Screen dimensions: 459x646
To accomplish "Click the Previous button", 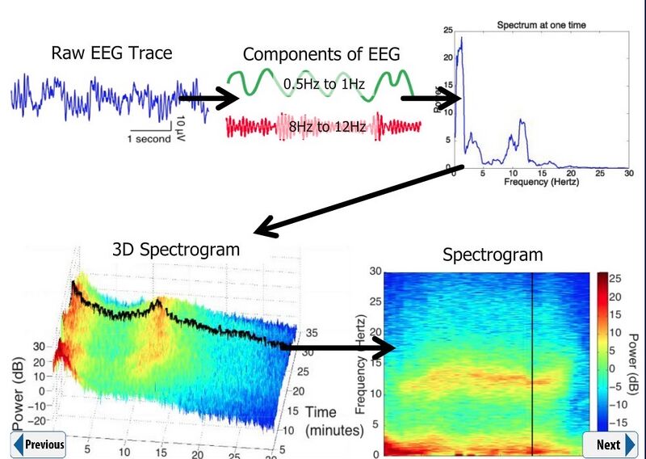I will click(38, 444).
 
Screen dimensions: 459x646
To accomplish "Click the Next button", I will click(610, 444).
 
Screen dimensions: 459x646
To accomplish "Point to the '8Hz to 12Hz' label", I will click(325, 127).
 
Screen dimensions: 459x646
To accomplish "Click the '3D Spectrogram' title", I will click(175, 249).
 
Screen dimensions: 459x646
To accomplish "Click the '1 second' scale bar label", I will click(149, 138).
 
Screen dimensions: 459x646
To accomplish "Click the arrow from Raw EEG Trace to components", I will click(208, 100).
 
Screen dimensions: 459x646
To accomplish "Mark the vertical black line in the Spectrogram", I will click(533, 364).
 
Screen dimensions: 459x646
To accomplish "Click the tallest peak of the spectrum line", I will click(461, 37).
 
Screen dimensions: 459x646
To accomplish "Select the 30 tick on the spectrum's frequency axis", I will click(628, 173).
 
